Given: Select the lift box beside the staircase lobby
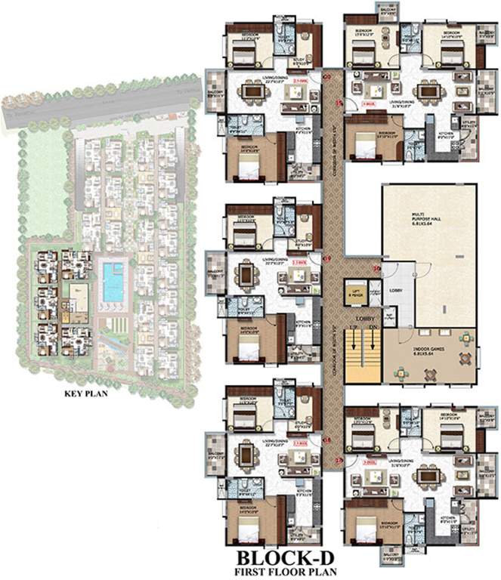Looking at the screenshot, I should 354,292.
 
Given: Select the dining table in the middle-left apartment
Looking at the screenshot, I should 248,276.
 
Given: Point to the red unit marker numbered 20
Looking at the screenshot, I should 327,76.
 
